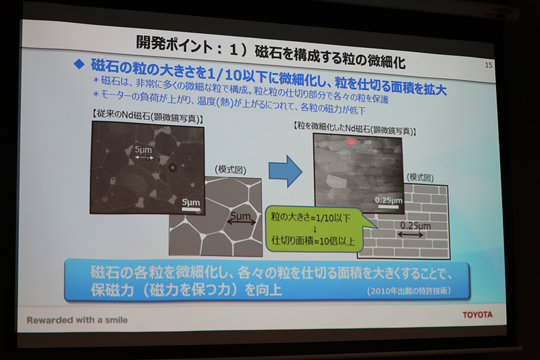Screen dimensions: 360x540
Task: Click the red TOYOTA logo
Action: pyautogui.click(x=477, y=314)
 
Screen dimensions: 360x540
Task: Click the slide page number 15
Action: pyautogui.click(x=489, y=65)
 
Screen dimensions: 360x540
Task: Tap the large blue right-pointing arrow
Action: pyautogui.click(x=285, y=170)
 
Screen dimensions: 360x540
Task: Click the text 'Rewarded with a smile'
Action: pyautogui.click(x=77, y=319)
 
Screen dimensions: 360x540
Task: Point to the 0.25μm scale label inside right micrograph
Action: pyautogui.click(x=388, y=200)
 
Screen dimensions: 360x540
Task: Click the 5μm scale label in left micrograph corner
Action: pyautogui.click(x=190, y=202)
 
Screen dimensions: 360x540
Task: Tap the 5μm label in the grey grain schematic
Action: pyautogui.click(x=241, y=217)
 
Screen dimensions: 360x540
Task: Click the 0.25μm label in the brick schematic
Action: pyautogui.click(x=415, y=226)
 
